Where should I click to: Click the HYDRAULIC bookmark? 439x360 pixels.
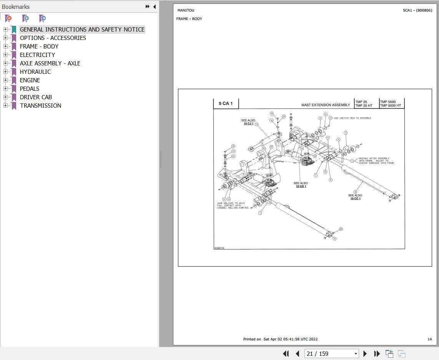(x=35, y=72)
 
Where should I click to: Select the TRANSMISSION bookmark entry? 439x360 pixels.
(x=40, y=106)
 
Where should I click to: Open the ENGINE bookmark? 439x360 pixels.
(x=30, y=80)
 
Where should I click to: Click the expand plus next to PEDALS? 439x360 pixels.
(x=5, y=89)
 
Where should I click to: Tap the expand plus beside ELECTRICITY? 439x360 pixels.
(x=5, y=55)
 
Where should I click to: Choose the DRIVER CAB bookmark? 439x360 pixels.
(x=36, y=97)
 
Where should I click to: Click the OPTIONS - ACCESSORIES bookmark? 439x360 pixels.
(x=53, y=38)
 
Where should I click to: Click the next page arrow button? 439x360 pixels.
(x=365, y=353)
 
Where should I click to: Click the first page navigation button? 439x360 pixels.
(x=286, y=353)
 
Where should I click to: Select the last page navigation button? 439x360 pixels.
(x=377, y=353)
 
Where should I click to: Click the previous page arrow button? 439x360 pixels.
(x=298, y=353)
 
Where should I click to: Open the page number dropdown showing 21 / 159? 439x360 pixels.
(x=356, y=353)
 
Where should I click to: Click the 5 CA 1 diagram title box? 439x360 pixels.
(x=226, y=103)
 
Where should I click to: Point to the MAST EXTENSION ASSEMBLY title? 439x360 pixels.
(x=326, y=105)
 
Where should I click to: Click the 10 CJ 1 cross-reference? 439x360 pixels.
(x=248, y=123)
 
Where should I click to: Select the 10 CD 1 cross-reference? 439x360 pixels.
(x=301, y=187)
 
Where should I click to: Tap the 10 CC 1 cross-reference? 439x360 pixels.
(x=355, y=198)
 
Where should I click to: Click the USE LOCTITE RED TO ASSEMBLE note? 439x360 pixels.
(x=353, y=118)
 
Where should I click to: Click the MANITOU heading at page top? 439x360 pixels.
(x=186, y=10)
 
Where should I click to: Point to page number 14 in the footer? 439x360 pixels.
(x=429, y=339)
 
